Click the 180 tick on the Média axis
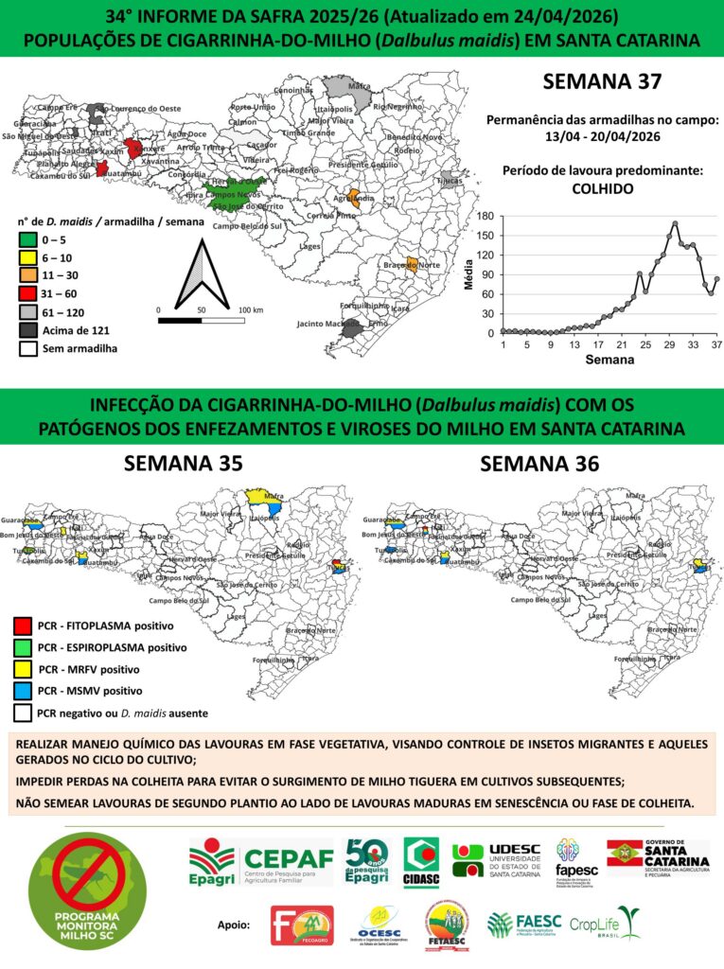point(486,216)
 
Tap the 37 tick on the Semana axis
point(717,344)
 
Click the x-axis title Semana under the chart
point(603,361)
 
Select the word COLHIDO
point(602,188)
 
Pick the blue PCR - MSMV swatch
point(25,691)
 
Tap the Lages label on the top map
point(309,246)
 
